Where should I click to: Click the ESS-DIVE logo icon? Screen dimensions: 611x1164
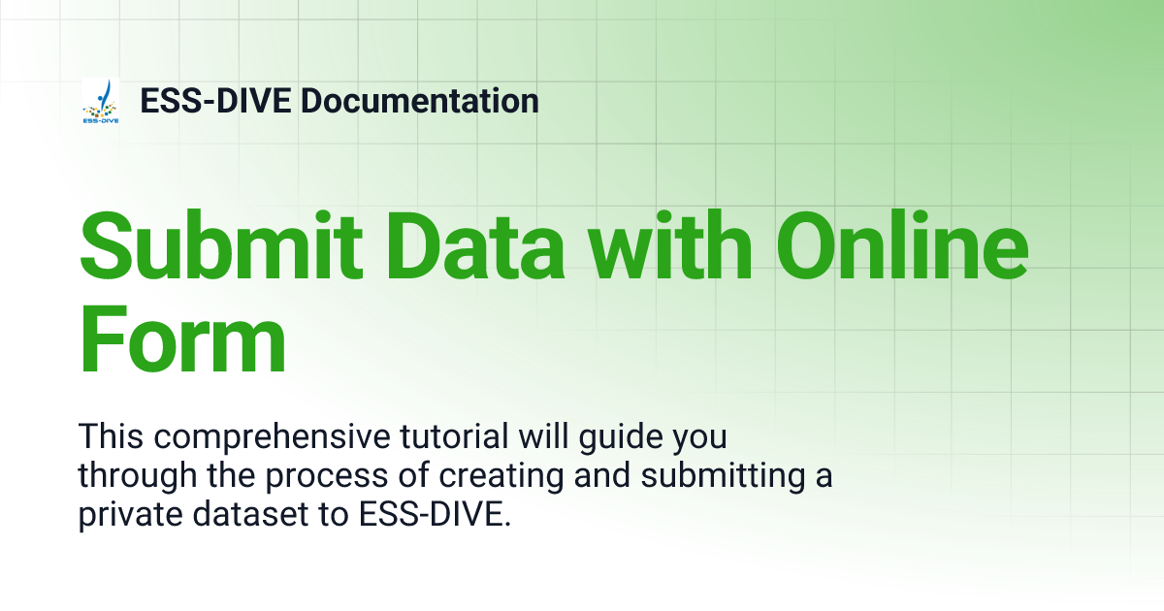click(x=101, y=102)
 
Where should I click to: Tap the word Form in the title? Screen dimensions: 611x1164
click(x=182, y=341)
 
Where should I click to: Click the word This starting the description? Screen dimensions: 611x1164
click(x=109, y=437)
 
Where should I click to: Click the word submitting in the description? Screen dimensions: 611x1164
click(x=722, y=476)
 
